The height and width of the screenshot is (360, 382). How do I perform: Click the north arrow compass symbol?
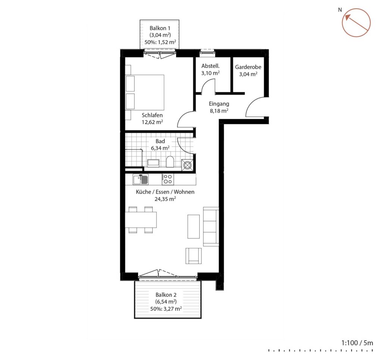(356, 23)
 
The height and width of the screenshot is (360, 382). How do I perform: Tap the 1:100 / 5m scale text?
(357, 343)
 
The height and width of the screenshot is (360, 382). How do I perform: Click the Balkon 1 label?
(160, 28)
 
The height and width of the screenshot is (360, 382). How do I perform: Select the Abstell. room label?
(210, 66)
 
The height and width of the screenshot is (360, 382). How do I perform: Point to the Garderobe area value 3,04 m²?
(248, 74)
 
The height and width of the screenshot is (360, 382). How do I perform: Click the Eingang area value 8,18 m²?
(219, 111)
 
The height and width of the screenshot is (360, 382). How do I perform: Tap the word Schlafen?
(152, 115)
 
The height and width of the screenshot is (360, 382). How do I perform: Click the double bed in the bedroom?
(145, 93)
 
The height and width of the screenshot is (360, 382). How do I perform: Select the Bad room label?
(160, 141)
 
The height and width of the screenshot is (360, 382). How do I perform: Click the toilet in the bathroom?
(170, 162)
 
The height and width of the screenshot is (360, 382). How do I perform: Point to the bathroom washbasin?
(153, 163)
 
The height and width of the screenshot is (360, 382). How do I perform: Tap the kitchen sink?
(140, 180)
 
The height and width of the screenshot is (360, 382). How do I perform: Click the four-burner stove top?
(168, 179)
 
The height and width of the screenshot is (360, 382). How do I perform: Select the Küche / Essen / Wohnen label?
(165, 192)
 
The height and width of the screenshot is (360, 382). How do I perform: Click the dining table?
(141, 220)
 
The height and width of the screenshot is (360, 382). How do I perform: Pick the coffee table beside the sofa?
(194, 226)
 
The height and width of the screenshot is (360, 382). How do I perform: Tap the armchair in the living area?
(194, 256)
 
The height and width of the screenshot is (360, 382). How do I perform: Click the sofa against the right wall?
(211, 227)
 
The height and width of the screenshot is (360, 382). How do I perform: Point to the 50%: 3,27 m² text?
(166, 309)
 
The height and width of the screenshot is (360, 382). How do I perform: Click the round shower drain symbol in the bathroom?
(187, 165)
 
